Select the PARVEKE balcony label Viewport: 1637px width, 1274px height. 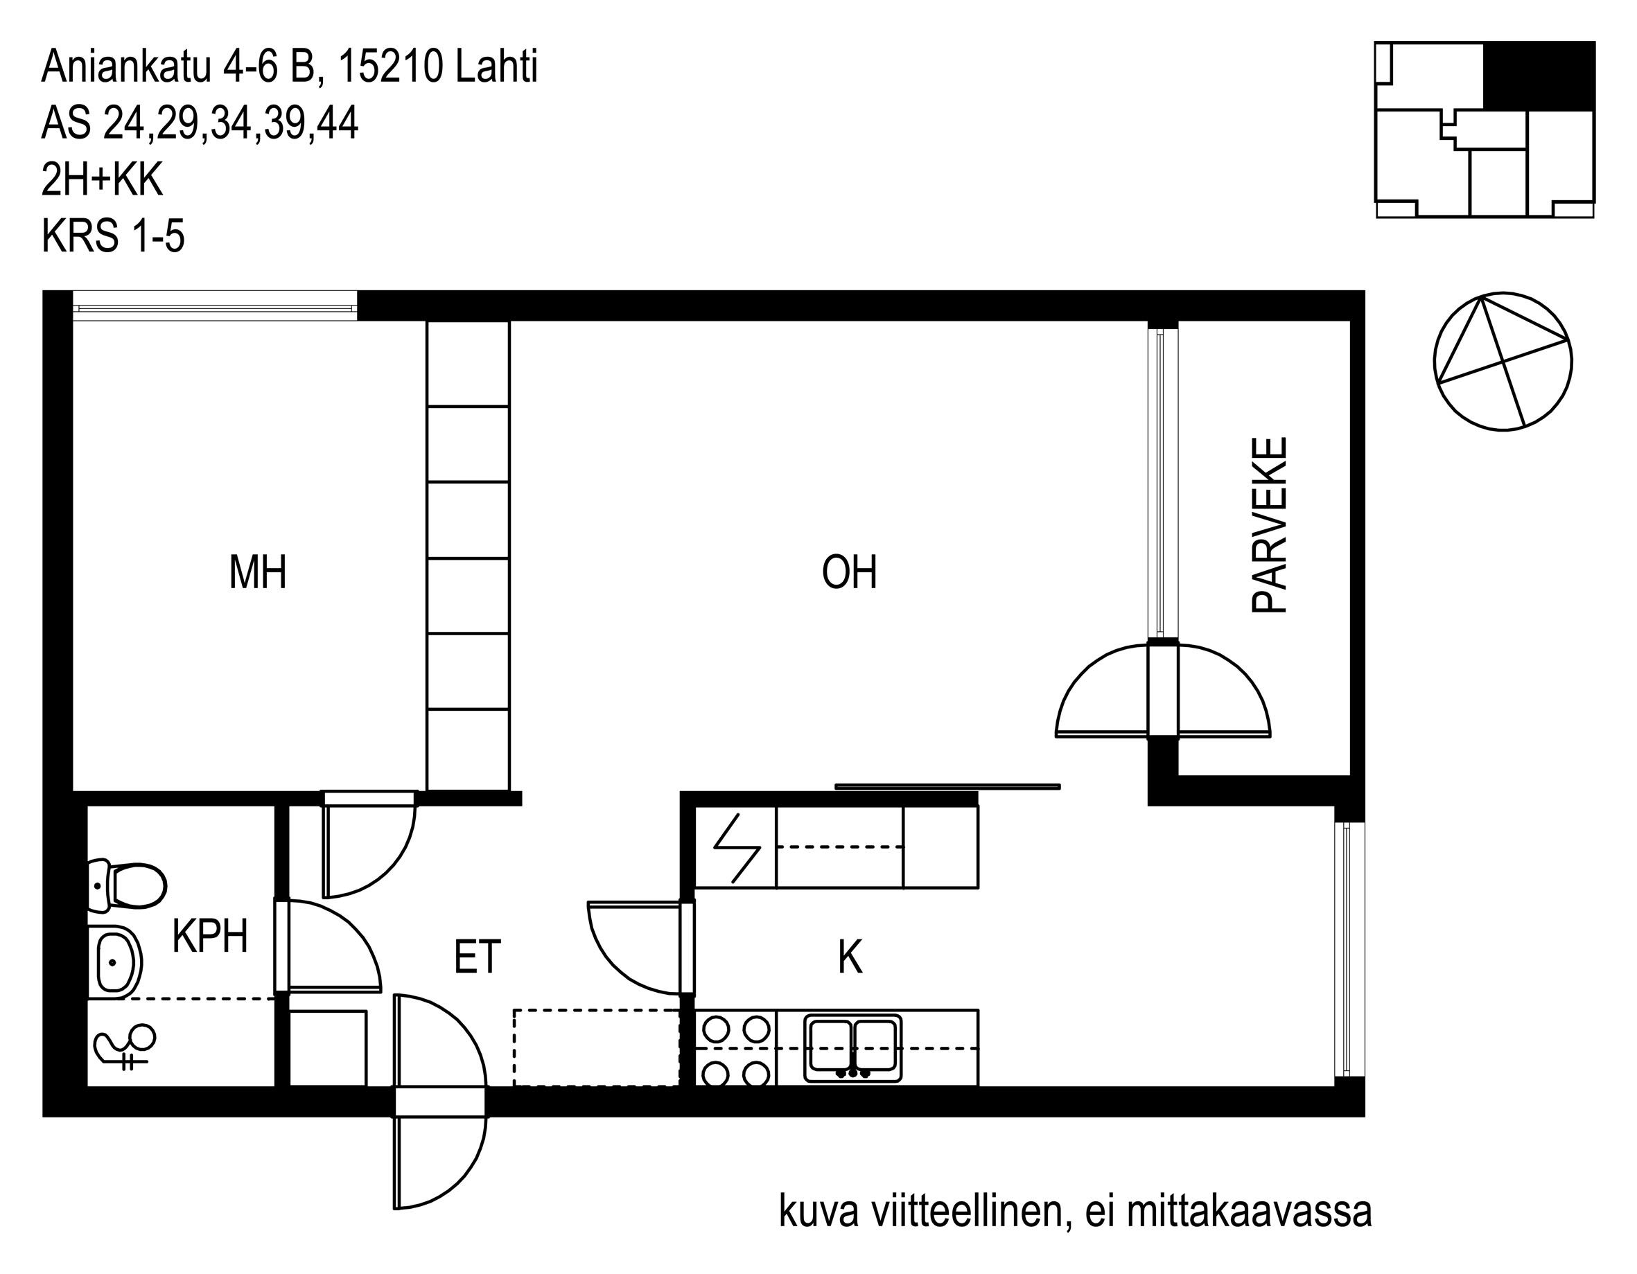(x=1270, y=526)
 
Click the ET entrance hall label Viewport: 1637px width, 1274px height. (x=478, y=957)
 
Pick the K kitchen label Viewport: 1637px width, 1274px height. (x=850, y=957)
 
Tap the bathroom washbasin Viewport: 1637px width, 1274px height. (x=114, y=962)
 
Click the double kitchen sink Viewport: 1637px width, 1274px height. (x=853, y=1047)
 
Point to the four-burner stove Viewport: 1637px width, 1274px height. (x=737, y=1047)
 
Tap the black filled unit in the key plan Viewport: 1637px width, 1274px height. (x=1539, y=76)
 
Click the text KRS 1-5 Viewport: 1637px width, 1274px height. (x=113, y=237)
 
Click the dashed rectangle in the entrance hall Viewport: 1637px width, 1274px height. (x=596, y=1047)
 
